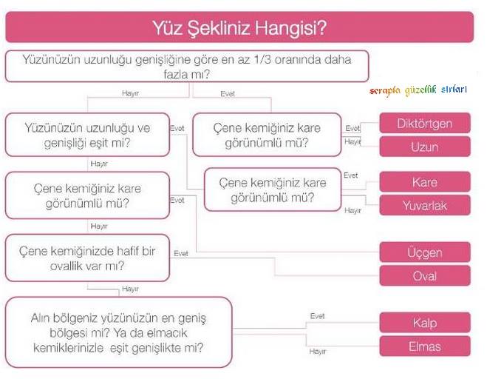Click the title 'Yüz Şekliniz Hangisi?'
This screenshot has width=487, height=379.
239,29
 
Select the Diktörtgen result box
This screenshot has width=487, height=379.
424,123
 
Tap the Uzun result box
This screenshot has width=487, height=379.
424,147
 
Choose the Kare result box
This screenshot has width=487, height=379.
424,182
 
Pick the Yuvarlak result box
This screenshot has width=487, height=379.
424,205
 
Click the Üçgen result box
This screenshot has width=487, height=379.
424,252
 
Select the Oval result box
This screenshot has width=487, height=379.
424,276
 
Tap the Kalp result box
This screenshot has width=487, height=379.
424,323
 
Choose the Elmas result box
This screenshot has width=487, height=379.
424,346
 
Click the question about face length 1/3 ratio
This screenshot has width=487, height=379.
187,66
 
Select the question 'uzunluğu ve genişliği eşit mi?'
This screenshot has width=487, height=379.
86,135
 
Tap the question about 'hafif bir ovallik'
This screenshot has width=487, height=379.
86,258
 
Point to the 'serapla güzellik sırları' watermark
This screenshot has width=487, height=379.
418,90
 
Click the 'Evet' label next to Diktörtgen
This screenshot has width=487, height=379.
353,128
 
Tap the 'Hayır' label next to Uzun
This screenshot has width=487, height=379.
353,141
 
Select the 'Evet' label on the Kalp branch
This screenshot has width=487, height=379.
317,316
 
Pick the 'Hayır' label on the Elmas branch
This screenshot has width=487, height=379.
318,351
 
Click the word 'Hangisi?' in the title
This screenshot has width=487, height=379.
293,29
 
